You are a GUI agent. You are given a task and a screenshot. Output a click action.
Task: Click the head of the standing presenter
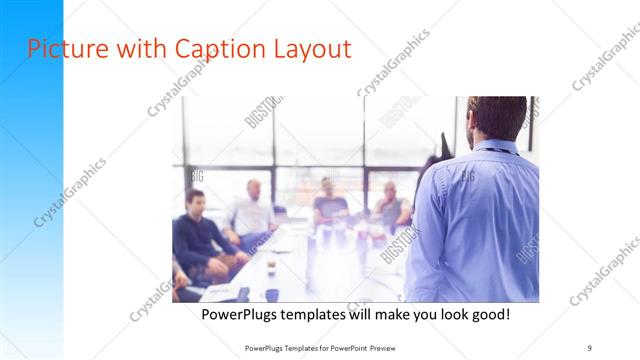click(497, 117)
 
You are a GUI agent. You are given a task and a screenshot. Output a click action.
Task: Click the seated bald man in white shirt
click(252, 212)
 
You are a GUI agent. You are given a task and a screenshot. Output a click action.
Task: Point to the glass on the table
click(271, 265)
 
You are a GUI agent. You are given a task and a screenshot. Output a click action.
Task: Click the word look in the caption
click(443, 314)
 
